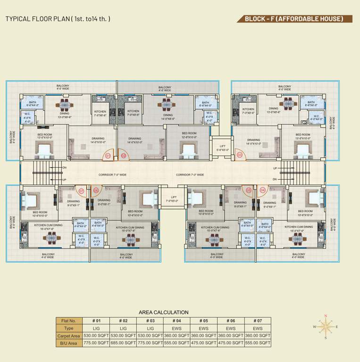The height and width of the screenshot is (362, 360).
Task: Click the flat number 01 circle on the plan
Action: [x=108, y=155]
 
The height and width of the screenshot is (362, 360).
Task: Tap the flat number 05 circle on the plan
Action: [x=249, y=190]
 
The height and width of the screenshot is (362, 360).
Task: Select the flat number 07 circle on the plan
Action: [x=81, y=191]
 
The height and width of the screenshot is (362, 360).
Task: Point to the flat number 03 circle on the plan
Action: [x=239, y=155]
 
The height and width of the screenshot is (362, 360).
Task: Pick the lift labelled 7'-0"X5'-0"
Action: [x=174, y=199]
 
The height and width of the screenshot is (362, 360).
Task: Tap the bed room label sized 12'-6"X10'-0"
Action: [x=189, y=135]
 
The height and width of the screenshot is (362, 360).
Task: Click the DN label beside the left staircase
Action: [x=65, y=168]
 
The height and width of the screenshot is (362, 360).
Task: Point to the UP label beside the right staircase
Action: [x=275, y=168]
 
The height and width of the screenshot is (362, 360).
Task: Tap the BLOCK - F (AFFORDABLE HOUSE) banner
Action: [x=294, y=19]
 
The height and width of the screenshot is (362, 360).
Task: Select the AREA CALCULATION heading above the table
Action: [x=163, y=312]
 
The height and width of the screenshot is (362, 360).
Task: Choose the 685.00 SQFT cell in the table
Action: [x=123, y=343]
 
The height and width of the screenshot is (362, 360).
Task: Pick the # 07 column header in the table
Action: [x=258, y=321]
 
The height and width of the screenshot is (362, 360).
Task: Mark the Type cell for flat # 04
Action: [x=177, y=328]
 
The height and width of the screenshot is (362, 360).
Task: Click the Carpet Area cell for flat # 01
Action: [x=96, y=336]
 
